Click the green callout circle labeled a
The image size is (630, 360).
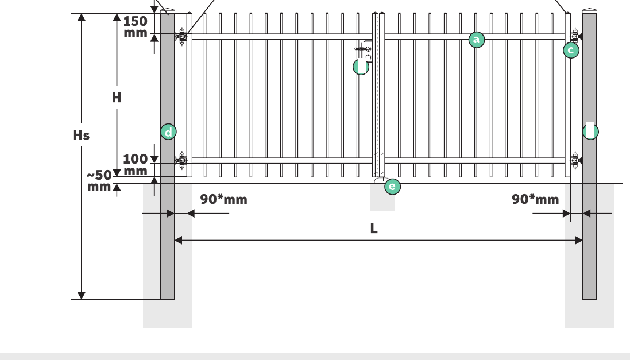pyautogui.click(x=477, y=40)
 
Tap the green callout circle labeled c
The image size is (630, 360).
pyautogui.click(x=571, y=50)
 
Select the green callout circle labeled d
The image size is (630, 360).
pyautogui.click(x=168, y=132)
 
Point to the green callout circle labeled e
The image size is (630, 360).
pyautogui.click(x=393, y=187)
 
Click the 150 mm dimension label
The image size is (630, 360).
pyautogui.click(x=136, y=26)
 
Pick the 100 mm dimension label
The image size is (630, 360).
pyautogui.click(x=136, y=165)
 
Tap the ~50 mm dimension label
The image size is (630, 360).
pyautogui.click(x=99, y=181)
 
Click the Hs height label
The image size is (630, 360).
pyautogui.click(x=81, y=136)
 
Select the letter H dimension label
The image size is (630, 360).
pyautogui.click(x=117, y=97)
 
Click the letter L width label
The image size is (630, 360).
pyautogui.click(x=374, y=229)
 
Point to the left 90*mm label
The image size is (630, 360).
pyautogui.click(x=224, y=199)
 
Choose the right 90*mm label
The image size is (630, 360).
pyautogui.click(x=536, y=199)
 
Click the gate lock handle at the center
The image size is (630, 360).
pyautogui.click(x=363, y=50)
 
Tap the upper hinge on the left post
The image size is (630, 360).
pyautogui.click(x=181, y=37)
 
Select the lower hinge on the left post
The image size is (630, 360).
pyautogui.click(x=181, y=161)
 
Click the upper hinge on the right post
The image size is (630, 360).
pyautogui.click(x=576, y=37)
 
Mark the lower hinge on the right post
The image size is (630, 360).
pyautogui.click(x=576, y=161)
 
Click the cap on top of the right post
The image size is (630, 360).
pyautogui.click(x=589, y=11)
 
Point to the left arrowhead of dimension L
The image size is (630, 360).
pyautogui.click(x=178, y=240)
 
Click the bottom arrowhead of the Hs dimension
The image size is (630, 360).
pyautogui.click(x=81, y=295)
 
